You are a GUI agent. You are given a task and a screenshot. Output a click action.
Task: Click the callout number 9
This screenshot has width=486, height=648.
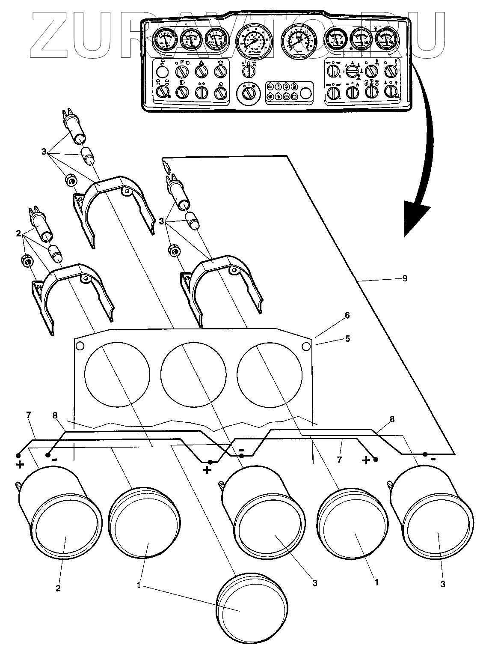tap(404, 279)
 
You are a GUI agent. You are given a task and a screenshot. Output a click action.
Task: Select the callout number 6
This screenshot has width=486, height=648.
tap(347, 316)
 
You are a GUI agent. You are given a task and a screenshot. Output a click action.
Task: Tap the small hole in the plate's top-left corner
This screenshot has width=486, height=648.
tap(79, 346)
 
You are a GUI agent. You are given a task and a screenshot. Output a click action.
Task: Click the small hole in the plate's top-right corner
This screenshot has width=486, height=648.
tap(306, 346)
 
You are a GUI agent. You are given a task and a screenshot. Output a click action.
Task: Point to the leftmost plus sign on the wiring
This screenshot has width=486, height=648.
tap(20, 465)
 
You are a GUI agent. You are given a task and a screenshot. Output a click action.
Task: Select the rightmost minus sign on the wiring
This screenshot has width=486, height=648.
tap(433, 459)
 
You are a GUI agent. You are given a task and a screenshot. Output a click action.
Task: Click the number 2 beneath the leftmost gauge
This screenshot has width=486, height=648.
tap(58, 588)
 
